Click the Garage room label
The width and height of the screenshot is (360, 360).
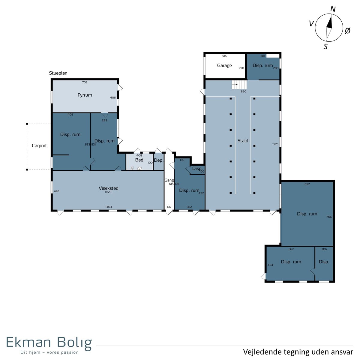pyautogui.click(x=224, y=66)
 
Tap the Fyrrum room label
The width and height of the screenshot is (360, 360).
pyautogui.click(x=85, y=95)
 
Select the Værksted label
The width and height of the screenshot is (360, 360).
pyautogui.click(x=109, y=188)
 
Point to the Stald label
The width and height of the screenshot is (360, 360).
pyautogui.click(x=243, y=140)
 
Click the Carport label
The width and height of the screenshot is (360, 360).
pyautogui.click(x=39, y=145)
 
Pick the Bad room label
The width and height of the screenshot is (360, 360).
pyautogui.click(x=139, y=160)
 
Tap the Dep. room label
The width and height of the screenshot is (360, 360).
pyautogui.click(x=159, y=160)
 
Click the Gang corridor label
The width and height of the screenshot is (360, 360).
pyautogui.click(x=169, y=180)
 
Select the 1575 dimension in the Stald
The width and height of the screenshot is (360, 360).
pyautogui.click(x=275, y=144)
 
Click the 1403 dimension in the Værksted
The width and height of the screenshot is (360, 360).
pyautogui.click(x=109, y=207)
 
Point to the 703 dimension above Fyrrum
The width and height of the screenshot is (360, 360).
pyautogui.click(x=85, y=82)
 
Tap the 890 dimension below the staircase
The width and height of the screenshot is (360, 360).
pyautogui.click(x=243, y=91)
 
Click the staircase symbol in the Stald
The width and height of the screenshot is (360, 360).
pyautogui.click(x=239, y=85)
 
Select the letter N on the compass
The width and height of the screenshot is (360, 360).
pyautogui.click(x=333, y=9)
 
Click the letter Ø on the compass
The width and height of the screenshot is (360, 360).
pyautogui.click(x=347, y=31)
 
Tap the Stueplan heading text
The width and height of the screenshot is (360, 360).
pyautogui.click(x=58, y=73)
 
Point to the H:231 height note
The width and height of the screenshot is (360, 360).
pyautogui.click(x=109, y=192)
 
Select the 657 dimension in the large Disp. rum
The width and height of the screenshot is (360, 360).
pyautogui.click(x=307, y=184)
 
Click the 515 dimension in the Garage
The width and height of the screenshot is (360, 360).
pyautogui.click(x=224, y=56)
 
